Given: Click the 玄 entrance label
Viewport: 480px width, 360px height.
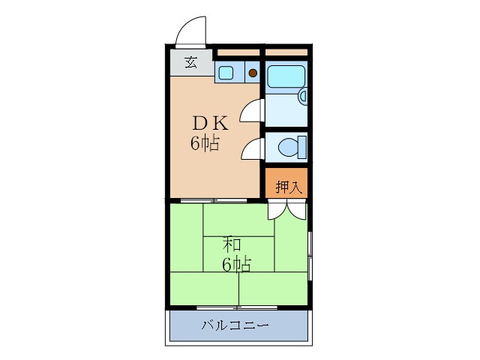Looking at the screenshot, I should (191, 63).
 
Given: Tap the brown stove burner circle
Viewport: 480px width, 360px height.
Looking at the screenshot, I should (253, 73).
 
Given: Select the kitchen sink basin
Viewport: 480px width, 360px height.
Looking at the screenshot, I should (226, 73).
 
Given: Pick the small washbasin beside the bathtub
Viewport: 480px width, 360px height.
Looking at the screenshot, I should (303, 96).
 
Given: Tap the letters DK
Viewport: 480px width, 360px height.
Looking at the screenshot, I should (212, 123).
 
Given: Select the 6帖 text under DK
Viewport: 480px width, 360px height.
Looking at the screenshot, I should (205, 144).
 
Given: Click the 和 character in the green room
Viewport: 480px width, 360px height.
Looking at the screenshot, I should (232, 244).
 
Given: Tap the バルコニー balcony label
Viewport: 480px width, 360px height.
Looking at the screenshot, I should (235, 326).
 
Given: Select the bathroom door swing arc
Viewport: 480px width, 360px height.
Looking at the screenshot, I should (251, 111).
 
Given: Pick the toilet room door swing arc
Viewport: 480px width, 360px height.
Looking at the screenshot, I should (250, 148).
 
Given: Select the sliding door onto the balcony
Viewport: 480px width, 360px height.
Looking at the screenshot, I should (237, 307).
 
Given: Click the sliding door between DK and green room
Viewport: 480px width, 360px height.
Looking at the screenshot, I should (214, 200).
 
